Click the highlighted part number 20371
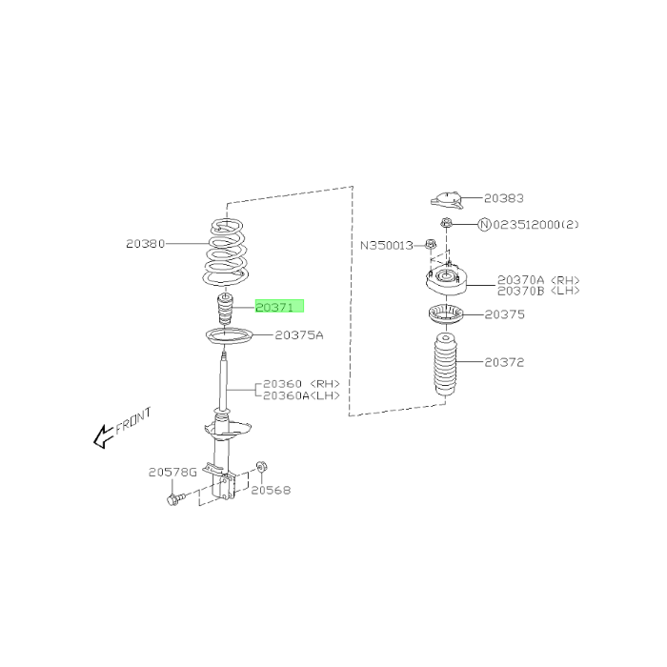click(274, 307)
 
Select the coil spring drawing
click(227, 252)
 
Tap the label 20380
click(145, 244)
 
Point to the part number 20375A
click(299, 335)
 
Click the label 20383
click(504, 198)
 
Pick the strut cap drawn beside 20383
click(447, 200)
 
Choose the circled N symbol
click(485, 224)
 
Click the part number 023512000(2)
click(536, 224)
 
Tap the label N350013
click(387, 246)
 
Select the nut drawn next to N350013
click(431, 244)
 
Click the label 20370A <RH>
click(538, 280)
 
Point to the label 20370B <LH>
click(538, 291)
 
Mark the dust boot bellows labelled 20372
click(445, 365)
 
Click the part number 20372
click(504, 362)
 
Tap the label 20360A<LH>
click(302, 395)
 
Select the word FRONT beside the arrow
click(133, 421)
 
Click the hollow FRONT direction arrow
click(103, 436)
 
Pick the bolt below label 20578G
click(176, 498)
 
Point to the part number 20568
click(271, 490)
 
